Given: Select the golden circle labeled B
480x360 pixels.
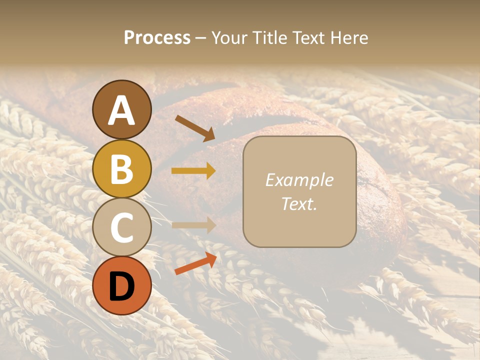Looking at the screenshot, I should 121,169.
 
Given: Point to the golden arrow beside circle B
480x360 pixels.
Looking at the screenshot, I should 194,171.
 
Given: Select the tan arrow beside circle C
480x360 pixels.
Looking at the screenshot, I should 194,225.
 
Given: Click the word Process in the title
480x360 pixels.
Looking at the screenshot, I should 157,38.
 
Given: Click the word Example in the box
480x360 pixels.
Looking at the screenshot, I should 299,180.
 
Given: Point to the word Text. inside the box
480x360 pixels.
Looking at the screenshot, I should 299,204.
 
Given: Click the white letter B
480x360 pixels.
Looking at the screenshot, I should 121,169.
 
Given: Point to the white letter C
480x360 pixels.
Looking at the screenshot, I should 121,228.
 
